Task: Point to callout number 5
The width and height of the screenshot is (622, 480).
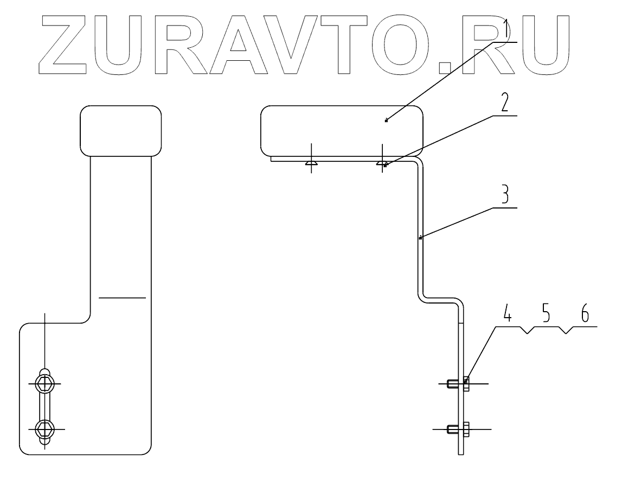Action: (544, 315)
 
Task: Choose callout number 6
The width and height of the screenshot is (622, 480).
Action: (583, 315)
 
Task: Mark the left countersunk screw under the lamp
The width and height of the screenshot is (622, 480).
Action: (311, 162)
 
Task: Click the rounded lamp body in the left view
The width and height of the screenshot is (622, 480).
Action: (120, 130)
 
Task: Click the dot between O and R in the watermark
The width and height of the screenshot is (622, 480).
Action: (445, 67)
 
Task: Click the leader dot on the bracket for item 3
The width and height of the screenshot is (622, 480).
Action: (420, 238)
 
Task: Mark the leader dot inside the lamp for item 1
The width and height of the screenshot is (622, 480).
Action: (386, 121)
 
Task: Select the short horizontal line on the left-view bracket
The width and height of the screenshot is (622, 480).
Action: (122, 298)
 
